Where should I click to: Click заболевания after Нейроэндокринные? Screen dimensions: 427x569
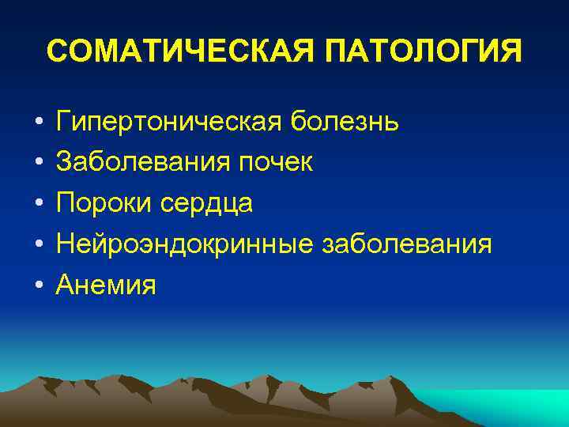coord(407,244)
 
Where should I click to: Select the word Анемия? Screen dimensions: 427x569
coord(106,285)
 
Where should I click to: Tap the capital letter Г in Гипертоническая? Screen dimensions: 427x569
coord(63,122)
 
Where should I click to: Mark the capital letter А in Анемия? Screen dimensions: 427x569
coord(66,285)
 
